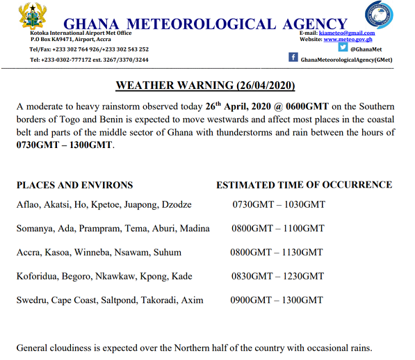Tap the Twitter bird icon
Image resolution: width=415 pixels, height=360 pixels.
coord(342,48)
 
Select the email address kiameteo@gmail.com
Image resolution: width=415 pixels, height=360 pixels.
coord(347,33)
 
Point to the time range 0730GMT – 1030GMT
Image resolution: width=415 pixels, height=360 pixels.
coord(277,205)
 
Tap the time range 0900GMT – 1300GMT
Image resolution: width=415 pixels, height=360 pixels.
coord(277,300)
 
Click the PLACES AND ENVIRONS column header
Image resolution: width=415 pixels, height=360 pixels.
coord(74,185)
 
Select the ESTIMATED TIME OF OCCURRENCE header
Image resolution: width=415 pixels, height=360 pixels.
coord(304,185)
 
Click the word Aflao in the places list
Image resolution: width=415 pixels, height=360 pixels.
coord(29,205)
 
